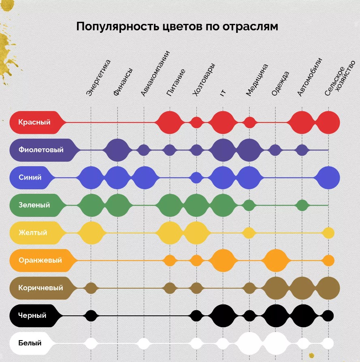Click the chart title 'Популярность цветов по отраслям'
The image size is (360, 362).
pyautogui.click(x=177, y=27)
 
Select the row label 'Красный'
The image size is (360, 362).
pyautogui.click(x=34, y=122)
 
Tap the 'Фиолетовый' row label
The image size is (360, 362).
pyautogui.click(x=41, y=150)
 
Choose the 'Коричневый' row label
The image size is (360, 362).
pyautogui.click(x=40, y=288)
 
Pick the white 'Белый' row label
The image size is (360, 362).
pyautogui.click(x=30, y=343)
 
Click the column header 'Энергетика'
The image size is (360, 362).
pyautogui.click(x=98, y=77)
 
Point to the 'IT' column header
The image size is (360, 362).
pyautogui.click(x=223, y=92)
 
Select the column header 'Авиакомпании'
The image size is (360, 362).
pyautogui.click(x=155, y=73)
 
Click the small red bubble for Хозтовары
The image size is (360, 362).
pyautogui.click(x=196, y=122)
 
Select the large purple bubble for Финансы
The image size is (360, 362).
pyautogui.click(x=117, y=150)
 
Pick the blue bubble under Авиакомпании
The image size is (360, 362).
pyautogui.click(x=144, y=178)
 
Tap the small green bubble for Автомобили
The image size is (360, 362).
pyautogui.click(x=302, y=205)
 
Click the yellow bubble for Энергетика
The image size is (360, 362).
pyautogui.click(x=91, y=233)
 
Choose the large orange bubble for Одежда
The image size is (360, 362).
pyautogui.click(x=275, y=260)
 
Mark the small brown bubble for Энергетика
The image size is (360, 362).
pyautogui.click(x=91, y=288)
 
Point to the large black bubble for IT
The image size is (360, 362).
pyautogui.click(x=222, y=315)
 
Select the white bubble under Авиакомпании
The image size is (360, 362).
pyautogui.click(x=144, y=343)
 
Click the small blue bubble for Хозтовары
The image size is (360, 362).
pyautogui.click(x=196, y=178)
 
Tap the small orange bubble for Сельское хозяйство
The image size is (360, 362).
pyautogui.click(x=328, y=260)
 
